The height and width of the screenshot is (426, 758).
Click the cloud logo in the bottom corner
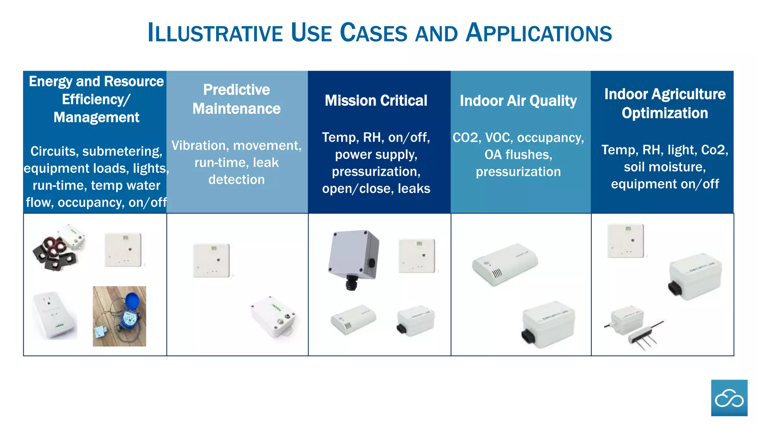point(729,398)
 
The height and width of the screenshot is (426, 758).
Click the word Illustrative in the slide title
point(215,33)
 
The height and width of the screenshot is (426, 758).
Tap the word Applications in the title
point(539,33)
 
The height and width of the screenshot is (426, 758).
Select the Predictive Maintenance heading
point(237,99)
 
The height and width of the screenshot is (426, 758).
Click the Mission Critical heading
point(376,101)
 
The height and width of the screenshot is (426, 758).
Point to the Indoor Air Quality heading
point(518,101)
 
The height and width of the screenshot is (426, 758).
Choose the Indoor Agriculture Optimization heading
point(665,104)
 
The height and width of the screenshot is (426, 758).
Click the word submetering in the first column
point(122,151)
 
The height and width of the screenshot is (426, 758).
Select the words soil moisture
point(665,167)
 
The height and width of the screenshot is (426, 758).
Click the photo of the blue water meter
point(119,316)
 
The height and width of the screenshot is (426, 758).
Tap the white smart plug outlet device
point(55,315)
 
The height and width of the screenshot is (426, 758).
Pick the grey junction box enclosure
point(353,255)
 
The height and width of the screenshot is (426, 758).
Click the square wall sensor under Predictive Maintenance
point(211,260)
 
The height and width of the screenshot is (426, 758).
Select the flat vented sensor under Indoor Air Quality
point(504,264)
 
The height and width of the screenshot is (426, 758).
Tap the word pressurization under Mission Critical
point(376,172)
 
